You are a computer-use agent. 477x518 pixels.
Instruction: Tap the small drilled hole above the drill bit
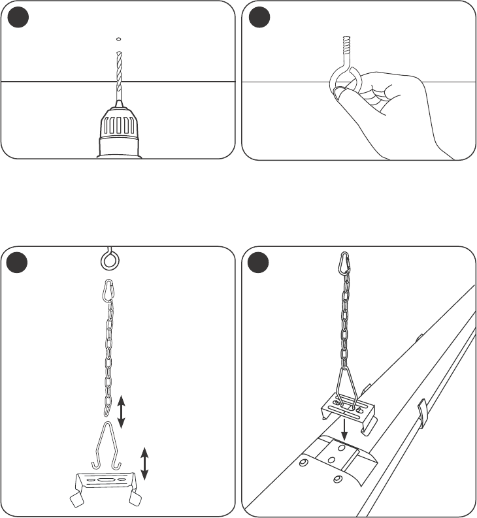point(118,38)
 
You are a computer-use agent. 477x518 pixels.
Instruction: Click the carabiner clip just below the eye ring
point(109,291)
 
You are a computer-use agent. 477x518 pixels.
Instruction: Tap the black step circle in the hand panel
point(258,18)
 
